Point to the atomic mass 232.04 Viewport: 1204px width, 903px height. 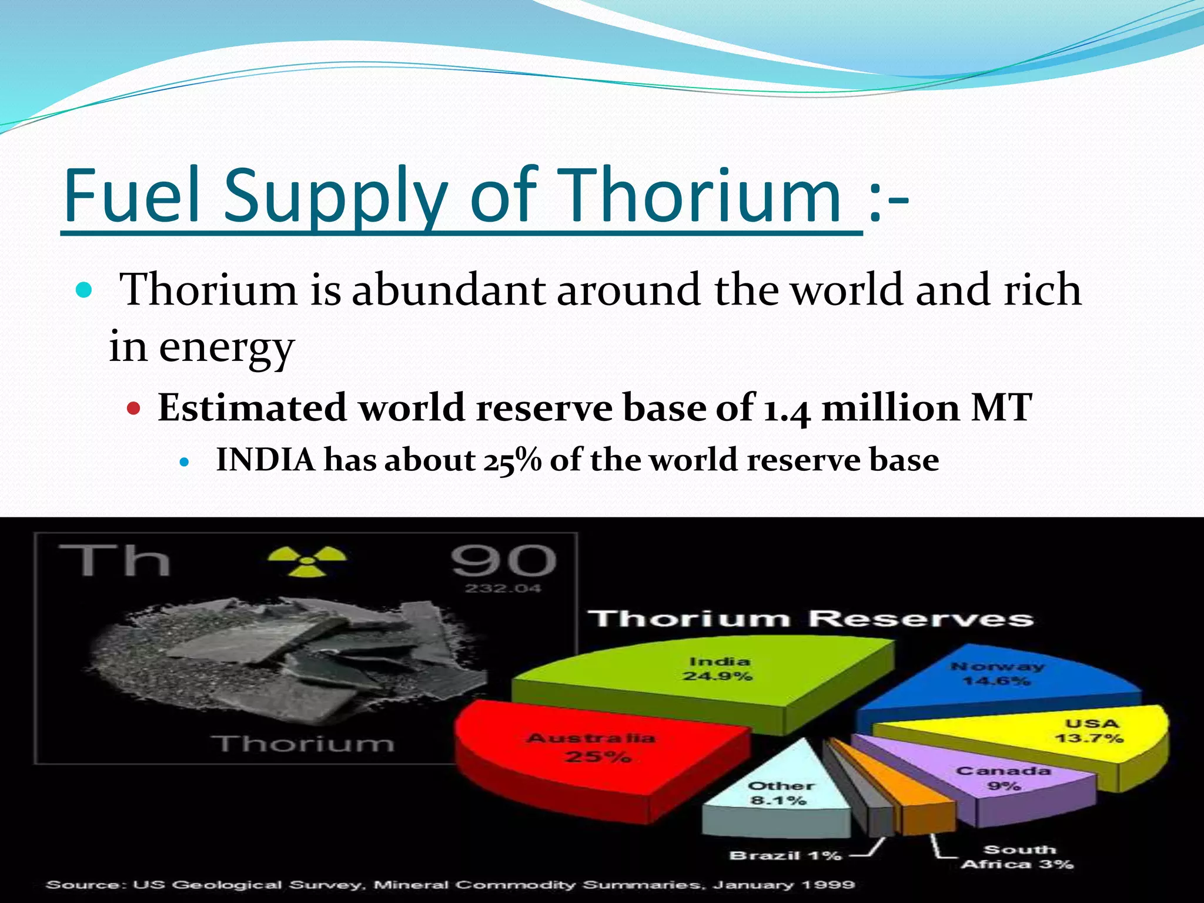pyautogui.click(x=503, y=588)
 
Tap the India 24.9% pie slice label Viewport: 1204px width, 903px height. pyautogui.click(x=718, y=669)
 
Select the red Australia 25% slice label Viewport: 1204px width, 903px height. pyautogui.click(x=591, y=747)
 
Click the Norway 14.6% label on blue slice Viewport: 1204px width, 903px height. pyautogui.click(x=997, y=674)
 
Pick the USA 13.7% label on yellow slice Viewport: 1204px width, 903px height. pyautogui.click(x=1089, y=731)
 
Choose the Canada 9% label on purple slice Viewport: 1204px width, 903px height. pyautogui.click(x=1003, y=778)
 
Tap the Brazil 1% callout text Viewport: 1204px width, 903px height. pyautogui.click(x=785, y=855)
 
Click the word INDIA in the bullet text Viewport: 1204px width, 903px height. pyautogui.click(x=266, y=460)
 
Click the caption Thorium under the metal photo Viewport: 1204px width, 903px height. pyautogui.click(x=305, y=744)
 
